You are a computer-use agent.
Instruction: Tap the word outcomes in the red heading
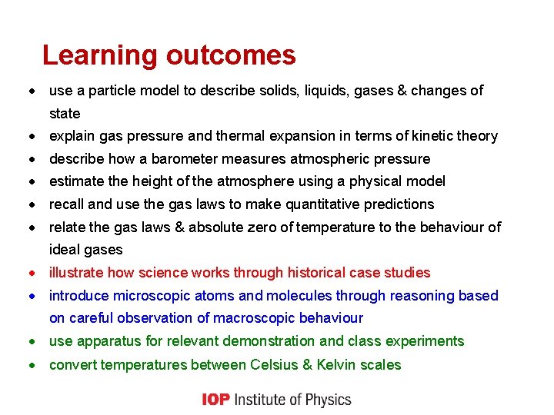pos(231,55)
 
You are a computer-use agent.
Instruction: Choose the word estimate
pos(75,181)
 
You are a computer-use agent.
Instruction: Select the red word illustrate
pos(76,273)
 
